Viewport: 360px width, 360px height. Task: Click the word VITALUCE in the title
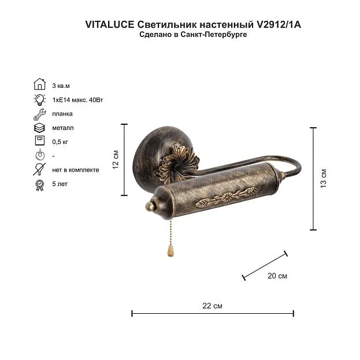(110, 25)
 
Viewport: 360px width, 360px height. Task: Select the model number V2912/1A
(279, 25)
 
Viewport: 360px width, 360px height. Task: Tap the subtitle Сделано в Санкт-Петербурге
(193, 35)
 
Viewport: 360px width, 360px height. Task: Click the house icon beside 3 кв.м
(40, 84)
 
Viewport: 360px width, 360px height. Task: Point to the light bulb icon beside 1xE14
(40, 99)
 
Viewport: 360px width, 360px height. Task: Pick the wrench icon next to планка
(40, 114)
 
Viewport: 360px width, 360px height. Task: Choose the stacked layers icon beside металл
(39, 128)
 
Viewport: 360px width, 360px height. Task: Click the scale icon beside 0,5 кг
(40, 140)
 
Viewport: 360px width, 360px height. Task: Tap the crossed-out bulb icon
(39, 169)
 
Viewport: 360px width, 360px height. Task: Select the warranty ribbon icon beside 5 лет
(39, 185)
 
